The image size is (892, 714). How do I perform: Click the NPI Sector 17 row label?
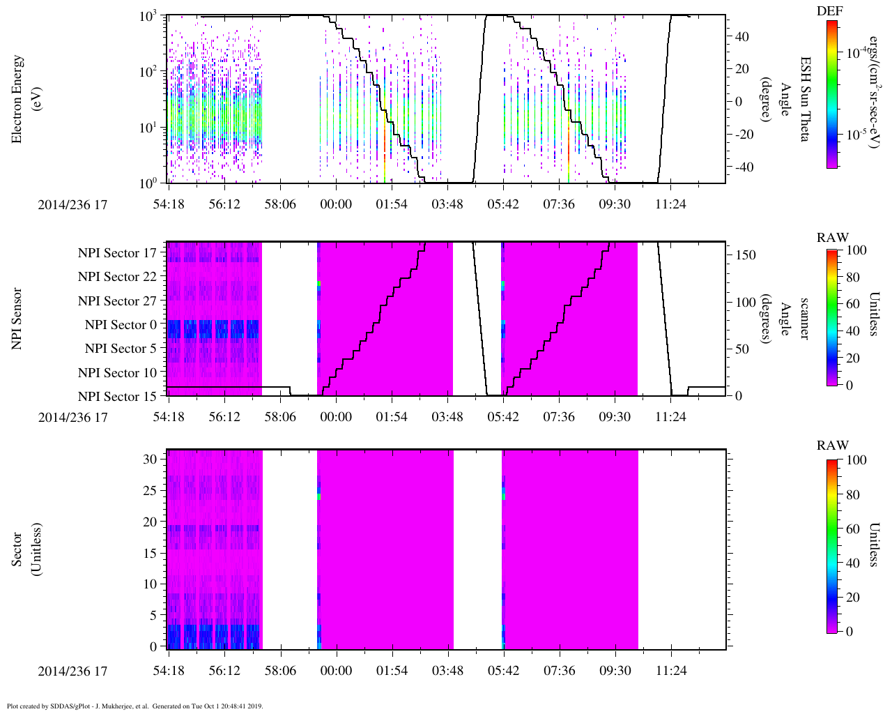(117, 253)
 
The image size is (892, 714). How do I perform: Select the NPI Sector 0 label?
(121, 325)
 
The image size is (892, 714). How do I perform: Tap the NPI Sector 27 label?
(117, 301)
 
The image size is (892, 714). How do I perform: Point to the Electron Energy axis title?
(25, 99)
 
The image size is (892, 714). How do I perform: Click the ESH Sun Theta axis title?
(804, 99)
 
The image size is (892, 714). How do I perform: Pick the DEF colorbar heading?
(829, 11)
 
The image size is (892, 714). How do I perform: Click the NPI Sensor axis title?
(17, 319)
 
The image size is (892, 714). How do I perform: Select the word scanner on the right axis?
(804, 319)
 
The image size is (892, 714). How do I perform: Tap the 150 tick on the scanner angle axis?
(746, 255)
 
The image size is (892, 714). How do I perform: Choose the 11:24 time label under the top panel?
(670, 204)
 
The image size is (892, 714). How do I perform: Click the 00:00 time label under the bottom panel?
(336, 671)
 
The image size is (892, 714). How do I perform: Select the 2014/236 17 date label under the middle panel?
(72, 418)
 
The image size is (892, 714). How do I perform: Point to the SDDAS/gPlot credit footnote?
(134, 706)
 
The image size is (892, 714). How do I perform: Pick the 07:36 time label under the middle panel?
(559, 417)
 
